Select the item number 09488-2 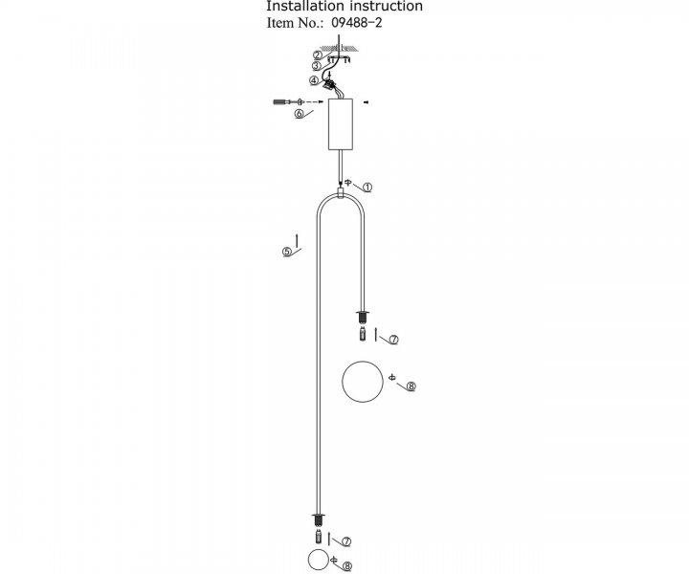point(356,22)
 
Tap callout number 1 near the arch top point(367,188)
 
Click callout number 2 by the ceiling point(318,55)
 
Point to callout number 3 point(317,66)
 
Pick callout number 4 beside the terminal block point(314,80)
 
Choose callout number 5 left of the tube point(286,252)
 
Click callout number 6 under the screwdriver point(299,114)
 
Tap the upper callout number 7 point(393,340)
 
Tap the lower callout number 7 point(346,541)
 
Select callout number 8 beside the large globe point(411,386)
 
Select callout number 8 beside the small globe point(346,566)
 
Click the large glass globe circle point(343,382)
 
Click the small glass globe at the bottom point(308,560)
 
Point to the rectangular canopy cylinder point(341,124)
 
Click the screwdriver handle point(279,102)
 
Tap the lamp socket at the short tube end point(363,317)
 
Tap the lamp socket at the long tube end point(318,519)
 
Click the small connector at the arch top point(341,193)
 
